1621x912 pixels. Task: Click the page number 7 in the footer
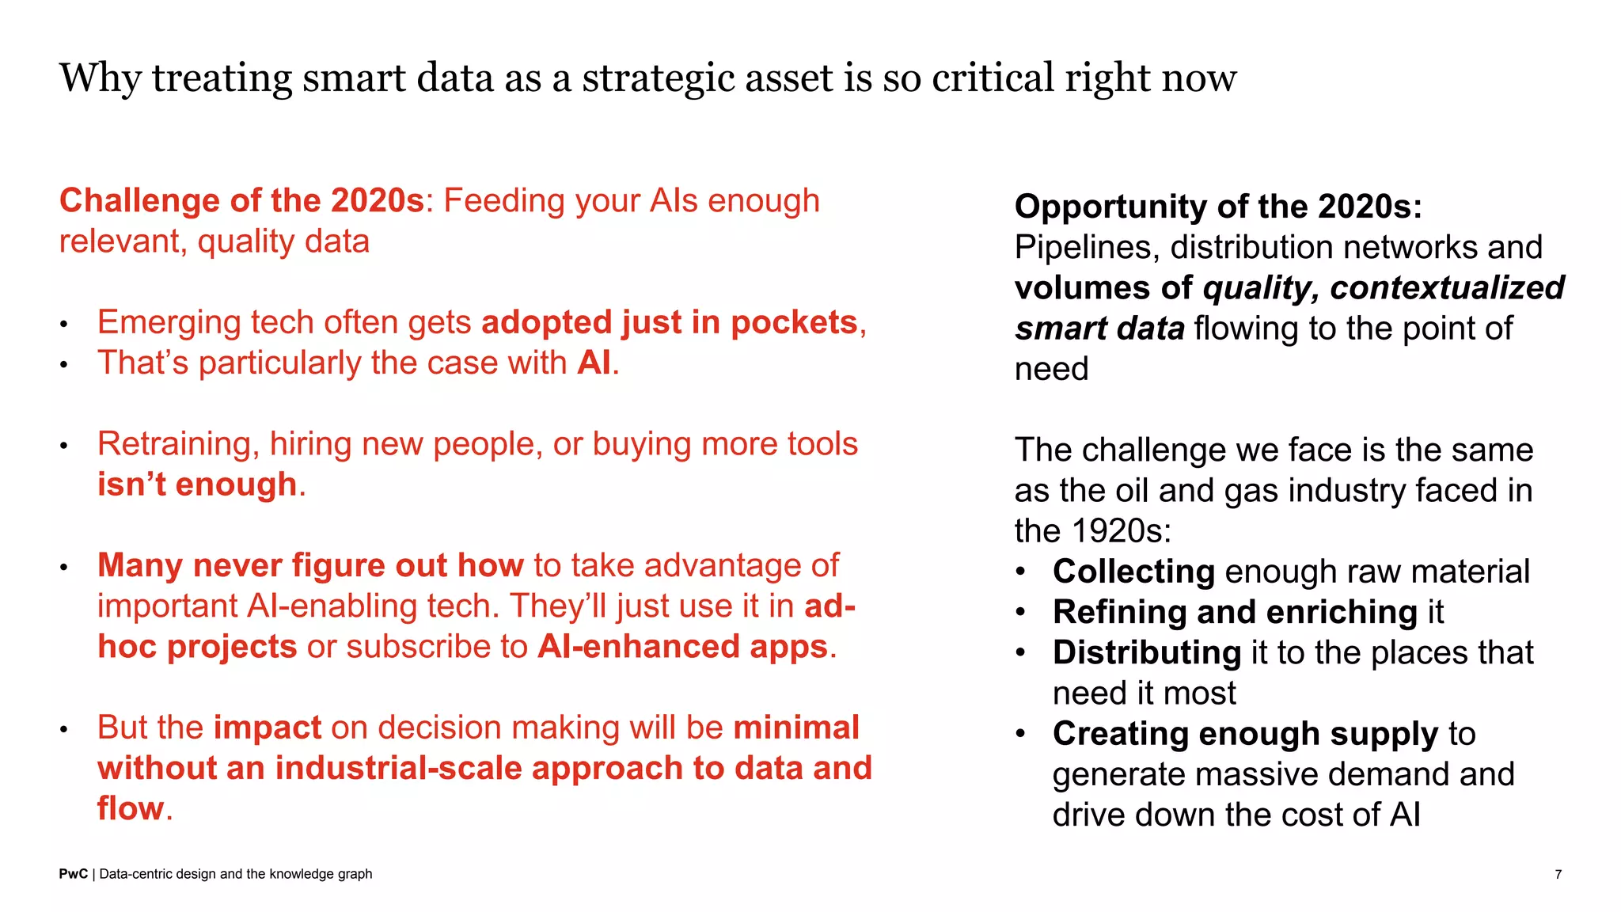click(1558, 874)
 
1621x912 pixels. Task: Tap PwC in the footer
click(73, 874)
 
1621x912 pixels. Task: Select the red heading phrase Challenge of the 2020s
click(242, 201)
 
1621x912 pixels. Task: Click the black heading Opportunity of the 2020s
click(1218, 207)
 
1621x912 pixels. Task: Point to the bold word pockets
click(794, 323)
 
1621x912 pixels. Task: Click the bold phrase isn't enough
click(197, 484)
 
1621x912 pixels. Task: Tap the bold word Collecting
click(1133, 572)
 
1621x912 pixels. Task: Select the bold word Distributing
click(1147, 653)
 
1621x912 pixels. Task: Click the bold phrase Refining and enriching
click(1235, 612)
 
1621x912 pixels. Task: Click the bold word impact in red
click(268, 728)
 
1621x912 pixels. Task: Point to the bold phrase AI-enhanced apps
click(682, 647)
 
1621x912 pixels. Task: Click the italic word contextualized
click(1447, 288)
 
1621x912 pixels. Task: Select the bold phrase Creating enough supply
click(1245, 734)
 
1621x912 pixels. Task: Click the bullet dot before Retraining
click(64, 446)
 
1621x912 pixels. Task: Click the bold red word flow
click(131, 809)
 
